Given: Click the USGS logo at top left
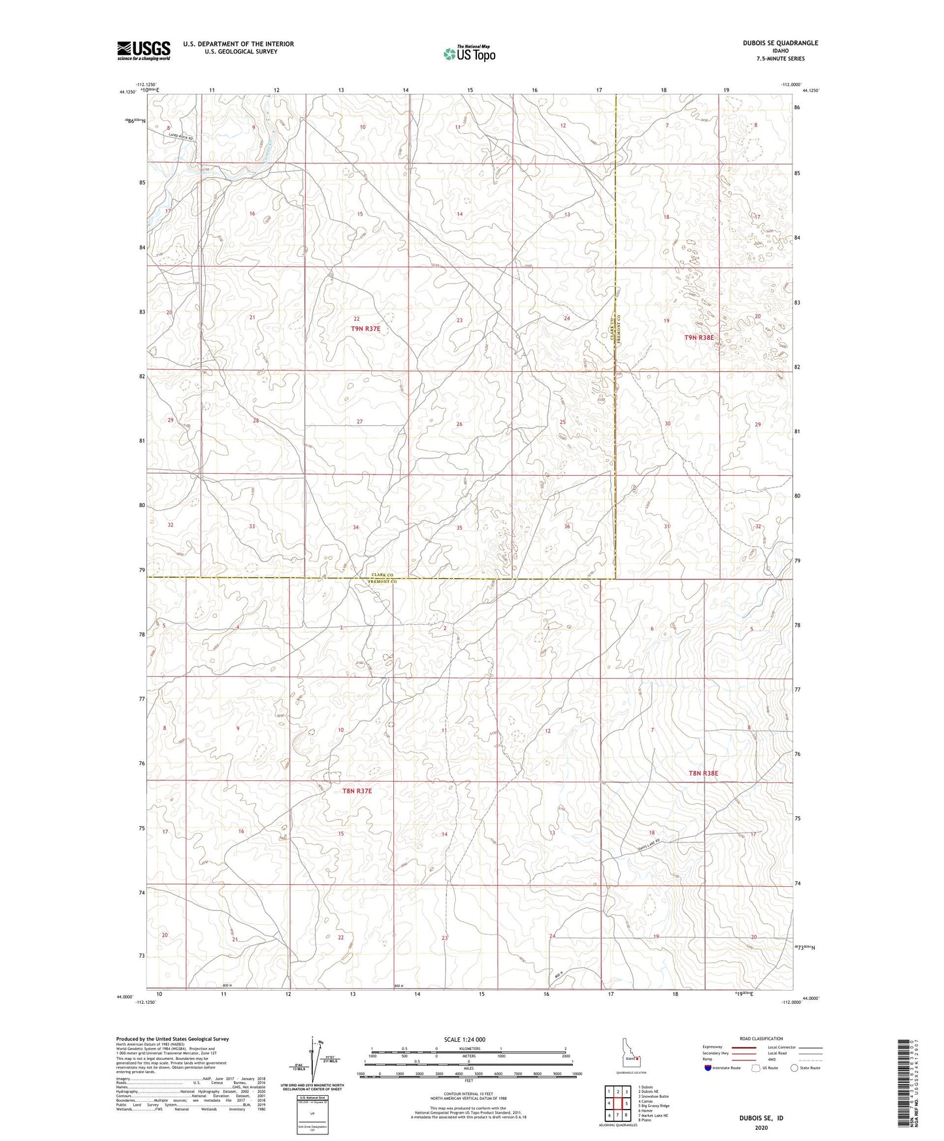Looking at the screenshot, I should pos(143,50).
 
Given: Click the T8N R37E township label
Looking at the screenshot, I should pos(357,791).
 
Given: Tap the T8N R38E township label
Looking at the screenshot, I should pos(703,773).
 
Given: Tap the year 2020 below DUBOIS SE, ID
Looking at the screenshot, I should pos(761,1128).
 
